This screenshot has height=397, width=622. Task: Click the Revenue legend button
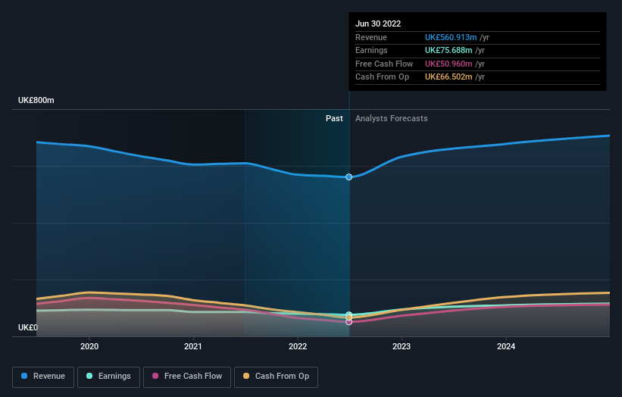click(44, 377)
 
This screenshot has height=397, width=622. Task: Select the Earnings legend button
click(108, 377)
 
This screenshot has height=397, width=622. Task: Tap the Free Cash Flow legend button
click(186, 377)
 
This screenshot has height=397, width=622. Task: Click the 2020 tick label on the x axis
click(89, 347)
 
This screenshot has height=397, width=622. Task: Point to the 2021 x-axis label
click(193, 347)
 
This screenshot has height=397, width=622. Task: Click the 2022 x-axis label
click(298, 347)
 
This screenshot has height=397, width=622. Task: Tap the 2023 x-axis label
click(402, 347)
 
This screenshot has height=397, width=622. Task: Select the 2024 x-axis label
click(506, 347)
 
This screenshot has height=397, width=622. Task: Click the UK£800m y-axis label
click(36, 101)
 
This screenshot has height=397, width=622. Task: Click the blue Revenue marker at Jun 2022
click(349, 177)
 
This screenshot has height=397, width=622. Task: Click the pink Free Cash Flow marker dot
click(349, 322)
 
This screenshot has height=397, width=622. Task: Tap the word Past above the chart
click(334, 119)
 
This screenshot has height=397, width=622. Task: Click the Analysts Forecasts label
click(391, 119)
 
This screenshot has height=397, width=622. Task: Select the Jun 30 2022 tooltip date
click(378, 23)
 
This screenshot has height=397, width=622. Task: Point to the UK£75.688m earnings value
click(445, 51)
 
